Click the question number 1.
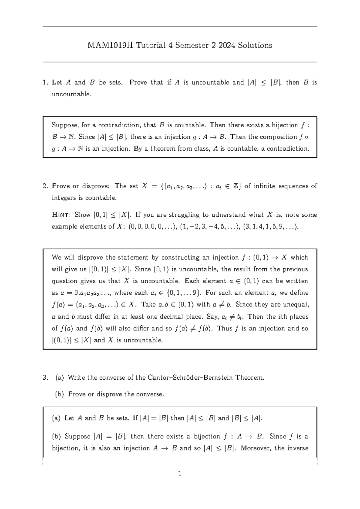45,83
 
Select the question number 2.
45,186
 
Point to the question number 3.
45,378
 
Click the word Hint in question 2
61,215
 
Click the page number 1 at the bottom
180,474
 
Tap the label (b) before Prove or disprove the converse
60,394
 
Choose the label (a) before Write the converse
60,378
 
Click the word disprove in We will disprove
90,258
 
